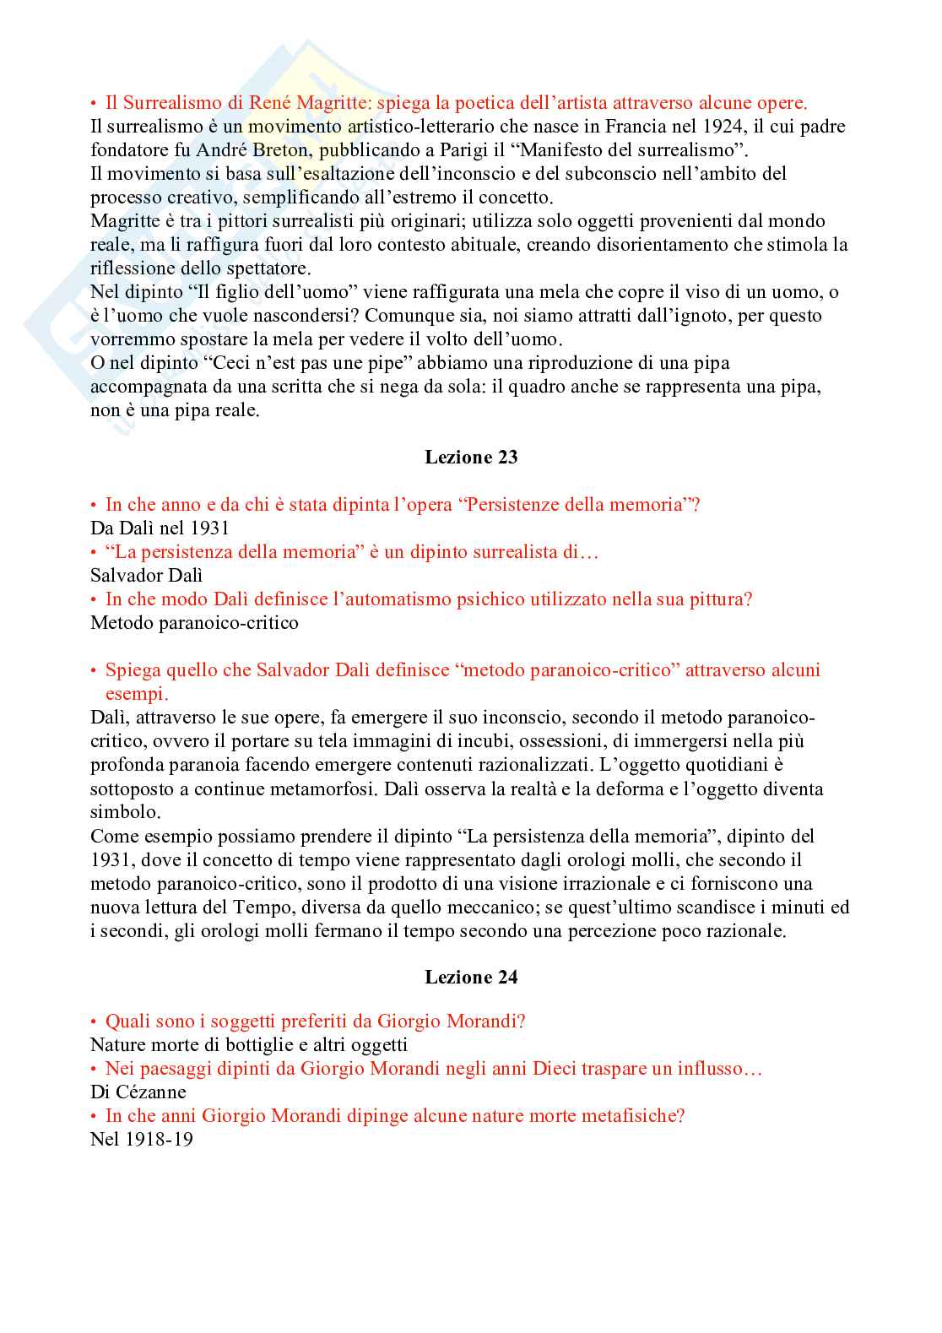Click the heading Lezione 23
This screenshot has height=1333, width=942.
pos(471,458)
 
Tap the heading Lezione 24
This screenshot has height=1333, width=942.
pos(471,978)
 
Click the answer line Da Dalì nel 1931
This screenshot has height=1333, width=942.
pos(160,528)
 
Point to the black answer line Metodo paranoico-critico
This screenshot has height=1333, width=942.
pos(194,623)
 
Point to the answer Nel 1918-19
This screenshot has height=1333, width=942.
pos(142,1139)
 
